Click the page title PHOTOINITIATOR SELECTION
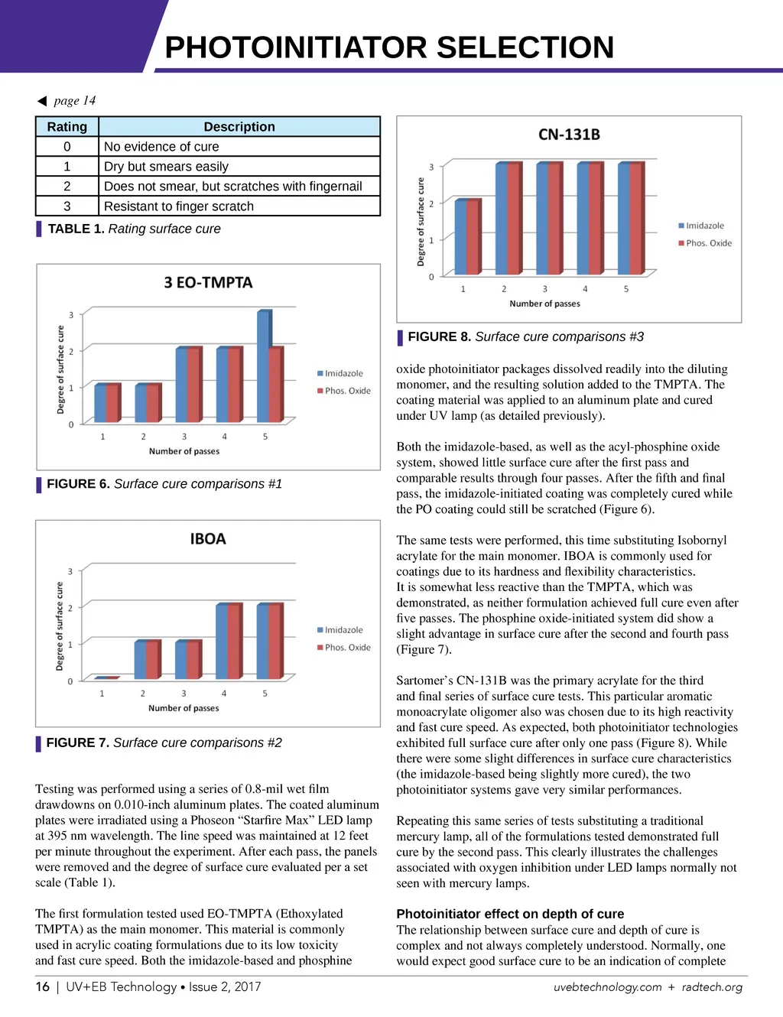point(389,47)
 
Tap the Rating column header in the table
point(67,127)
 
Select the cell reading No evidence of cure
point(161,147)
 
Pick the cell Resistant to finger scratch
point(179,206)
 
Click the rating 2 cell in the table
point(67,187)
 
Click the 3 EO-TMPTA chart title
point(208,283)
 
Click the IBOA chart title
point(208,539)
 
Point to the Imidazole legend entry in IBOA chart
point(343,630)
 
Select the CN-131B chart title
point(569,135)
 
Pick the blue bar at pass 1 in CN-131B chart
point(461,236)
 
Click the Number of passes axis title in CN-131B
point(544,304)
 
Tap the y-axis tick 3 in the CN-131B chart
point(431,167)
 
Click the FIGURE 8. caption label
point(439,336)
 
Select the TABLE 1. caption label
point(76,229)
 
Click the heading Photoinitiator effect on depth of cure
point(510,914)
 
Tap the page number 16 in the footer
point(43,986)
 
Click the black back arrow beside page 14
point(42,101)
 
